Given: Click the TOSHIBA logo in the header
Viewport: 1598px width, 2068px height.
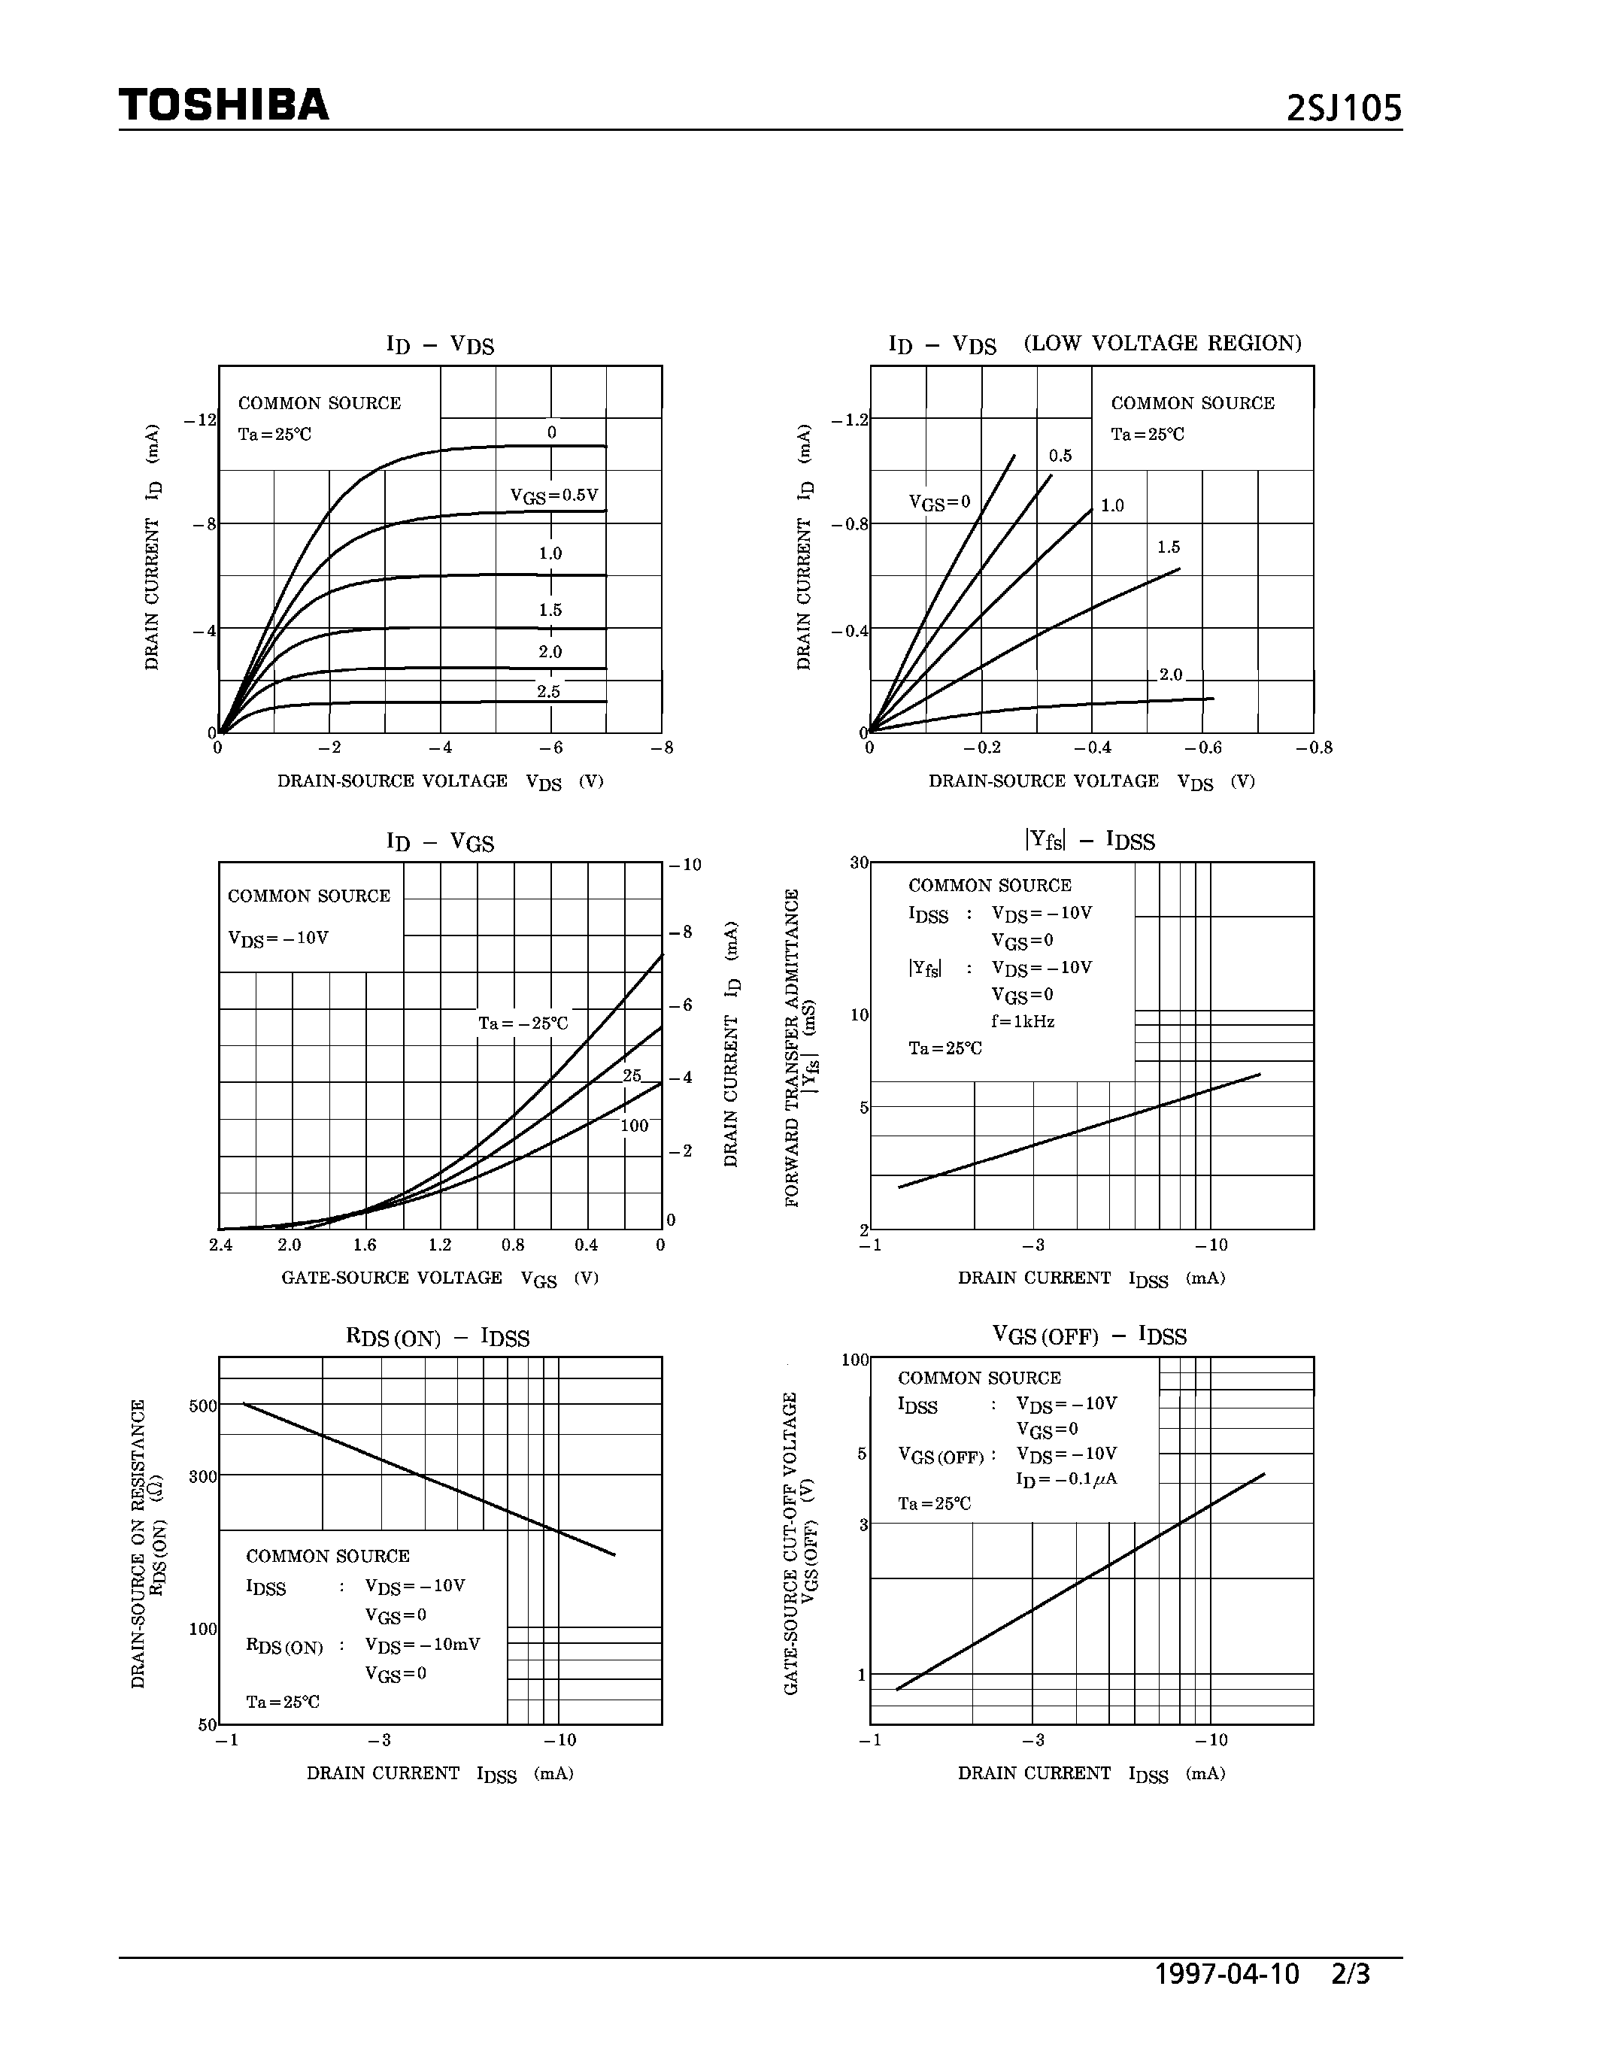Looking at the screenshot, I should [223, 105].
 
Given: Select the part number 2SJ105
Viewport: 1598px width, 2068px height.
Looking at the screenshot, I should [1343, 109].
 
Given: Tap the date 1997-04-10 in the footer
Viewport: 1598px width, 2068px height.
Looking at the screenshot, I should [1227, 1973].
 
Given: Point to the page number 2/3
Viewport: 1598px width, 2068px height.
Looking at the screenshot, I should [1350, 1973].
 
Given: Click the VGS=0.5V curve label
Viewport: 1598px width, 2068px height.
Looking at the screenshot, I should [553, 496].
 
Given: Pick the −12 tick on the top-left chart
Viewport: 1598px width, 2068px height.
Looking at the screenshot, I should [201, 420].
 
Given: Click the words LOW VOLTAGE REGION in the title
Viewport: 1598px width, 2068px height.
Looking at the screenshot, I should [1163, 343].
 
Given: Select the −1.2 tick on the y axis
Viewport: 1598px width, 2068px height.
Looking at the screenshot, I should [849, 420].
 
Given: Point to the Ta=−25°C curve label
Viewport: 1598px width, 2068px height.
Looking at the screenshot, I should [523, 1023].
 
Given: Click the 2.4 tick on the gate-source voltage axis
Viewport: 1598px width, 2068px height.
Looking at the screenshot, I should [220, 1245].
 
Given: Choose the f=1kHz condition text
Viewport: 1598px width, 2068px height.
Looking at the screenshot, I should [1023, 1022].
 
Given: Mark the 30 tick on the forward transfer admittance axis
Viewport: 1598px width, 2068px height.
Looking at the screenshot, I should [859, 863].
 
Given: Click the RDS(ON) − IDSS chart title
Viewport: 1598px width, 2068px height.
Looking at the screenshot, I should [438, 1337].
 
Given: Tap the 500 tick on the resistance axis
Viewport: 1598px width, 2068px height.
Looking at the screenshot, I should [202, 1406].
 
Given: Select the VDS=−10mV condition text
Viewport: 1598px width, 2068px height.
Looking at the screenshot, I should [422, 1644].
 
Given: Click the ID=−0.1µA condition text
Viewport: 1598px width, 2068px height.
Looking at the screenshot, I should [1066, 1479].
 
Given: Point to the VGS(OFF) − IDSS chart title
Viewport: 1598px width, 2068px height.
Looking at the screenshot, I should [1089, 1336].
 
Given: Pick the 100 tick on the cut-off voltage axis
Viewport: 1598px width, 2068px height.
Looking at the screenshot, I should [855, 1360].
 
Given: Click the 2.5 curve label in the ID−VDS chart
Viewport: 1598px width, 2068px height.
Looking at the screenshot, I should [549, 691].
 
